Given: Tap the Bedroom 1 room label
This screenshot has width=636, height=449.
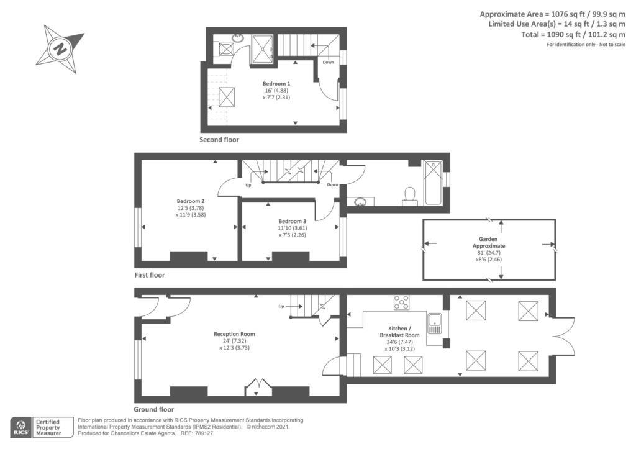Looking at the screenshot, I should point(276,83).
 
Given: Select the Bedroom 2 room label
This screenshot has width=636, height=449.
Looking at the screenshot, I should point(190,201).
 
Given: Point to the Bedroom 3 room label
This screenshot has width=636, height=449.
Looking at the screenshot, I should point(292,222).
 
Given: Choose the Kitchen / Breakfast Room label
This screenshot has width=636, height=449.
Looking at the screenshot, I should point(399,332).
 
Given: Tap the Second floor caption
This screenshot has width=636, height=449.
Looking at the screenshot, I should point(219,140).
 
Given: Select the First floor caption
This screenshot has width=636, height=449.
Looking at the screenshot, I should point(150,274).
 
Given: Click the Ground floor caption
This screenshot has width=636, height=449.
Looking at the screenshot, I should point(153,409).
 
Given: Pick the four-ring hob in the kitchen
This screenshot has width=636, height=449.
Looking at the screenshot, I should point(401,302).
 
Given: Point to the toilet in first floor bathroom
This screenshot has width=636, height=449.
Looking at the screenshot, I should point(410,196).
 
